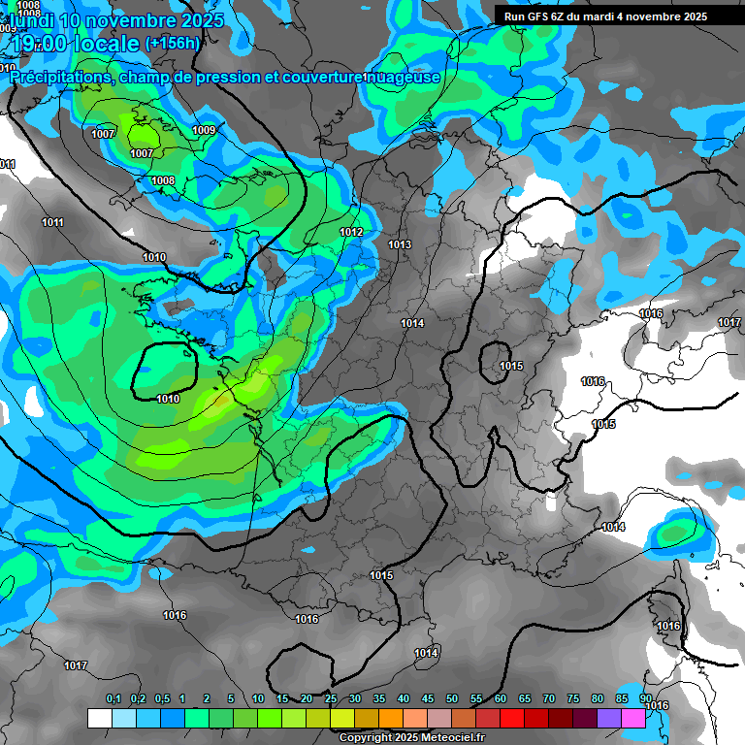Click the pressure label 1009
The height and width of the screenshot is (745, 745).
click(x=204, y=130)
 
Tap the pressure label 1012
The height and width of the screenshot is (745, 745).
click(x=351, y=233)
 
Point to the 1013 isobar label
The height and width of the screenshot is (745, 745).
click(x=399, y=244)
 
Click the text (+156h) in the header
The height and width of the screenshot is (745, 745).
click(x=172, y=43)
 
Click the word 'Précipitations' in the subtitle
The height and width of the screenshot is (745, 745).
click(x=63, y=77)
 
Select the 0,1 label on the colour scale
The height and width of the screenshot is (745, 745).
click(x=113, y=699)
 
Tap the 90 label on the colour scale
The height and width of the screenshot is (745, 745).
click(x=646, y=699)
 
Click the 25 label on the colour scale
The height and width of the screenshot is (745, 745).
click(x=331, y=699)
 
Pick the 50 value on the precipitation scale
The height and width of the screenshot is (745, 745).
click(x=452, y=699)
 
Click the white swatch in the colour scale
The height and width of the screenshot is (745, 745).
click(x=99, y=718)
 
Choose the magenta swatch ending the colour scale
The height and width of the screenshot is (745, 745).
click(x=633, y=718)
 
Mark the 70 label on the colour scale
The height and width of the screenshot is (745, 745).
click(x=549, y=699)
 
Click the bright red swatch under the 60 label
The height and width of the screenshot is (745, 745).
click(x=511, y=718)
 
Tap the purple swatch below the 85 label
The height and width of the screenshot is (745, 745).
click(x=609, y=718)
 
